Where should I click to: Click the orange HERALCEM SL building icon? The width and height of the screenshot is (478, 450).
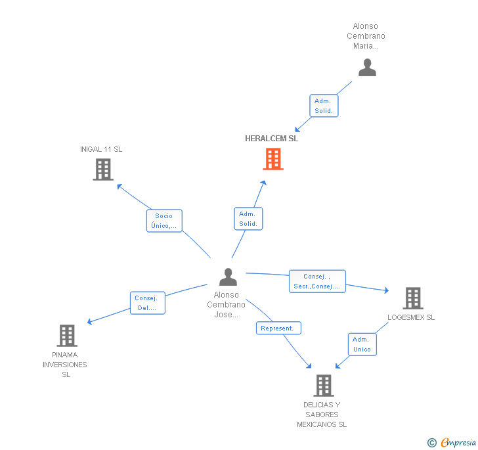273,159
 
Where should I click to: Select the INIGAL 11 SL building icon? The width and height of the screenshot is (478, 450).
102,169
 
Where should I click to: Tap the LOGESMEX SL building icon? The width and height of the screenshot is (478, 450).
412,298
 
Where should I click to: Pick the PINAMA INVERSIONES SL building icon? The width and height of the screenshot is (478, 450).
66,336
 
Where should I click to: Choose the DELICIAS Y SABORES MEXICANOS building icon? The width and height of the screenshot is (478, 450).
323,386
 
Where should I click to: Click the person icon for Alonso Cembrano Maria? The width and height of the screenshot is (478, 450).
367,68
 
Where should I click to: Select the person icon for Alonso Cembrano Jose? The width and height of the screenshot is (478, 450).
228,277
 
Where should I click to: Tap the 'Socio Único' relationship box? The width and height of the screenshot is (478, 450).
163,221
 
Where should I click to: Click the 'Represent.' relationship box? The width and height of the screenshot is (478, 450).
278,328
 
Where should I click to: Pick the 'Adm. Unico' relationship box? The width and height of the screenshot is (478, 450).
362,344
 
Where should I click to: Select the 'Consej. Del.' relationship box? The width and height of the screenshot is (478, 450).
146,303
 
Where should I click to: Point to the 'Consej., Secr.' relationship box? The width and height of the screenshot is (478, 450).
317,281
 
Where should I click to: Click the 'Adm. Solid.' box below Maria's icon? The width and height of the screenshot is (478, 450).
323,106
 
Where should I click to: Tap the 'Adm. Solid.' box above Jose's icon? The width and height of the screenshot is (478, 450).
248,219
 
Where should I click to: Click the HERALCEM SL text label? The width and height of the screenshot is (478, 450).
271,139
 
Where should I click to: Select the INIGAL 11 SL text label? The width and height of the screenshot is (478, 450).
101,149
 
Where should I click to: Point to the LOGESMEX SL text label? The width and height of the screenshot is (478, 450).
411,317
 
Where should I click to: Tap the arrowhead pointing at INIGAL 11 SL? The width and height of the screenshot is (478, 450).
119,185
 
